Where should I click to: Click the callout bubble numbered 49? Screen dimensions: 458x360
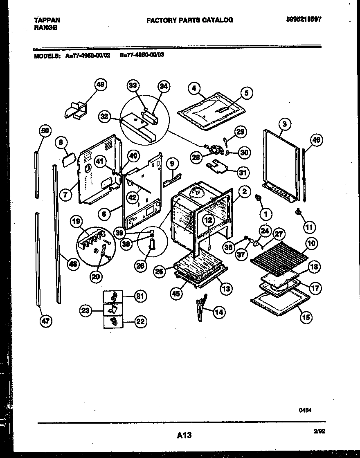[x=100, y=85]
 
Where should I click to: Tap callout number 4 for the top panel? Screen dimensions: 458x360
[x=194, y=88]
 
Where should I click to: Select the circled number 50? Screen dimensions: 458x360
[x=45, y=131]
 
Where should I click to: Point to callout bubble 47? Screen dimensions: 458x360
[x=45, y=321]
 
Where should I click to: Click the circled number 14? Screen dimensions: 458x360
[x=219, y=312]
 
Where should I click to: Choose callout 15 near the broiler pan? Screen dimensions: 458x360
[x=305, y=317]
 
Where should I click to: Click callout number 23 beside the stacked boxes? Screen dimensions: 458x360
[x=85, y=311]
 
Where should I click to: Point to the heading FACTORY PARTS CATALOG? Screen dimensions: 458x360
[x=189, y=20]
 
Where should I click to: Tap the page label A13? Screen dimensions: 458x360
[x=184, y=435]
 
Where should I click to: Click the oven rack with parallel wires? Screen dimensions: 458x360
[x=280, y=254]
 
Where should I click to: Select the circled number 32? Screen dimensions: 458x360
[x=104, y=116]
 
